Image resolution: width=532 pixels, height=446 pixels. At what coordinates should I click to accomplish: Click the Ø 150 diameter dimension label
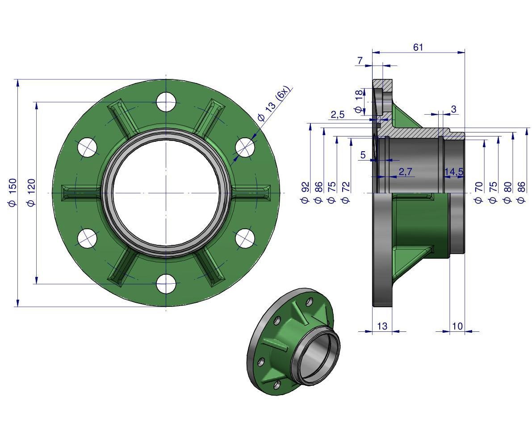tap(12, 192)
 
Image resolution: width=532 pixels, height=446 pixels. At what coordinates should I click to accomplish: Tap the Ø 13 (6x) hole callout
tap(274, 103)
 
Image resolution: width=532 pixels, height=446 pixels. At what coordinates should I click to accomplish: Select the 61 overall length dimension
tap(418, 47)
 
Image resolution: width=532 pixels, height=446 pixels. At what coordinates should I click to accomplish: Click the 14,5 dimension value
tap(454, 172)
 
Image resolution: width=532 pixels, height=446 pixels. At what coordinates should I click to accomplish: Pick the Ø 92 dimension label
tap(305, 192)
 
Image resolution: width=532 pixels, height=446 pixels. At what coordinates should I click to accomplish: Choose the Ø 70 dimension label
tap(478, 192)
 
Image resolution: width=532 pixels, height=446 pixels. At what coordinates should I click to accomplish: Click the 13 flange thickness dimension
tap(382, 326)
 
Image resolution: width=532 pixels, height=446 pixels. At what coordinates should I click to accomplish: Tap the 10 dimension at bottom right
tap(457, 326)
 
